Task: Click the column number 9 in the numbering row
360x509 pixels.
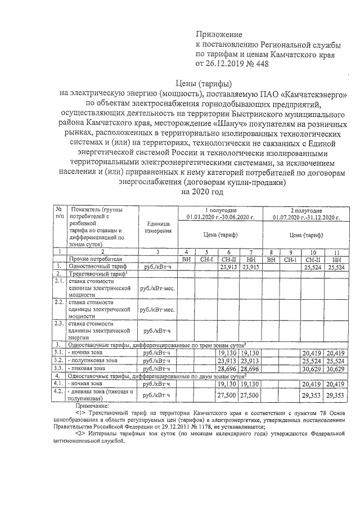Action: pos(290,252)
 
